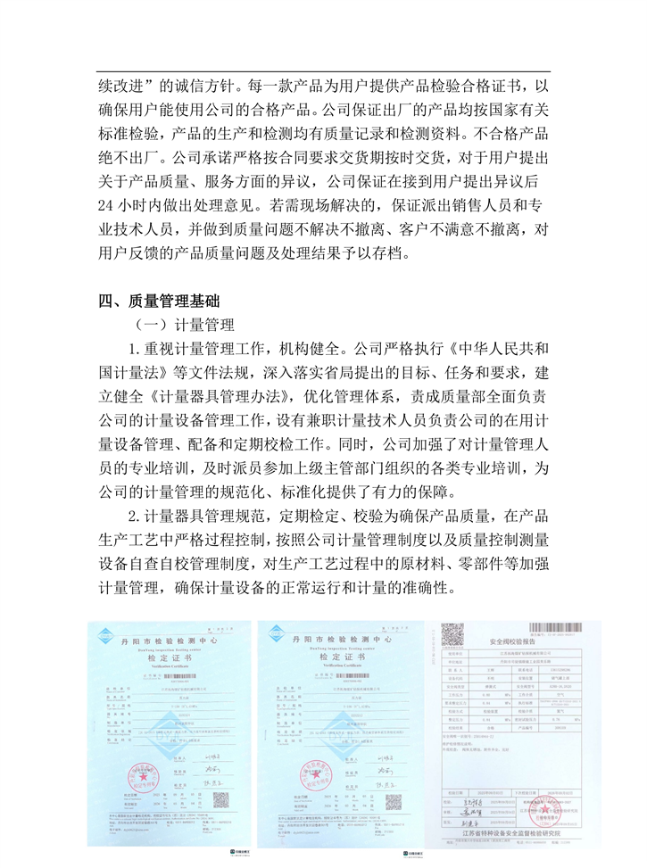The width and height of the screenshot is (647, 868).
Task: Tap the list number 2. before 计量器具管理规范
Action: pyautogui.click(x=136, y=516)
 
